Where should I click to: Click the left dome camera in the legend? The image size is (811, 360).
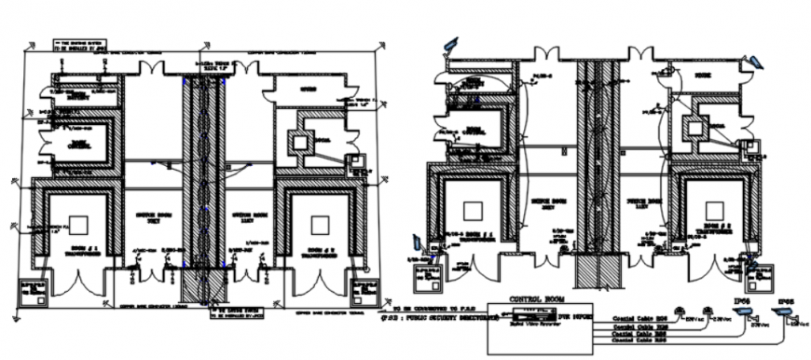[x=682, y=311]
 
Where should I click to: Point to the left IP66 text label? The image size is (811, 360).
[x=741, y=301]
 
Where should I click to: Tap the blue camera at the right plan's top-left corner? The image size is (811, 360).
[x=452, y=43]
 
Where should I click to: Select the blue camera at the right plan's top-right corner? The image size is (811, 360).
[x=756, y=62]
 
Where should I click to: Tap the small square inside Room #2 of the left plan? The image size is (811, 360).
[x=320, y=224]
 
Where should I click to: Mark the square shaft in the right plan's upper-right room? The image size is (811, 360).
[x=694, y=130]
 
